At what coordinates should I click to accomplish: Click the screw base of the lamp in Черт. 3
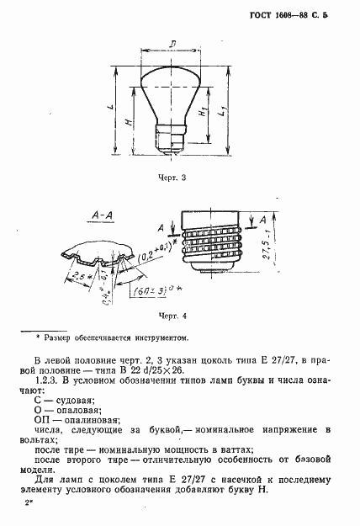(x=172, y=135)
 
